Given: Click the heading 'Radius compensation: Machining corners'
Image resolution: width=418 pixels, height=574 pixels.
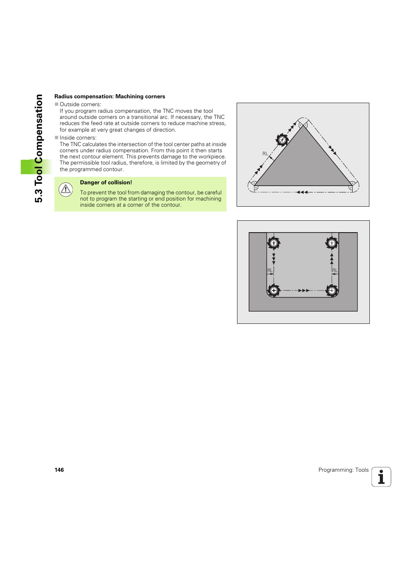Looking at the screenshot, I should coord(110,97).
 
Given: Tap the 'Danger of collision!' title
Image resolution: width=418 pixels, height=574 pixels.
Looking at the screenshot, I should coord(106,183).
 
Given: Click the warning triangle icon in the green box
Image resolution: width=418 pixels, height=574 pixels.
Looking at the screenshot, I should coord(66,189).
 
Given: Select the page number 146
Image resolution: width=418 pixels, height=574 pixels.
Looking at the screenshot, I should coord(59,470).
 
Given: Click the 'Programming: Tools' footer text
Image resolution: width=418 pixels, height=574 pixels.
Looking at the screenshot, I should coord(343,470).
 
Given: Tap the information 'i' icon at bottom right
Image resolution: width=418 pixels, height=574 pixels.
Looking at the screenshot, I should coord(381,477).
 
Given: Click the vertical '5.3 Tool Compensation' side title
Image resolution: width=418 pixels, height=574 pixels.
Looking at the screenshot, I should coord(39,148).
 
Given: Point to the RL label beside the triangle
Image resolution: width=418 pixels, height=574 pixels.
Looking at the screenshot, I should coord(265,154).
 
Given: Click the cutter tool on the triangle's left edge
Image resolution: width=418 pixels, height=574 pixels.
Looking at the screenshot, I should coord(282,140).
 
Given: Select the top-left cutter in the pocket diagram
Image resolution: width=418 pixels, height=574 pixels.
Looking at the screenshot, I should coord(274,243).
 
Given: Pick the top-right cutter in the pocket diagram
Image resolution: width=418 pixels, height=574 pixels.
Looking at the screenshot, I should coord(332,243).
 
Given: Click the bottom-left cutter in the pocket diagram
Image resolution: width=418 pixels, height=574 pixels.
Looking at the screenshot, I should coord(274,291).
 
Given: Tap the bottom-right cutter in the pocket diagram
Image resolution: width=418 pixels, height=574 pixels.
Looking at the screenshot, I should coord(332,291).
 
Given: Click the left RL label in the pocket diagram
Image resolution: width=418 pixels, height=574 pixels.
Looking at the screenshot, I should coord(270,270).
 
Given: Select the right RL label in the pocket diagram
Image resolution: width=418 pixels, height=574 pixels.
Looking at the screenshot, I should coord(335,270).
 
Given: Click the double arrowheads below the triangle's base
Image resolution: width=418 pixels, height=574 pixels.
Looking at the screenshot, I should coord(302,192).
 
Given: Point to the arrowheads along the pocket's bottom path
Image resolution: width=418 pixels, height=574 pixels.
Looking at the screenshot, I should coord(304,291).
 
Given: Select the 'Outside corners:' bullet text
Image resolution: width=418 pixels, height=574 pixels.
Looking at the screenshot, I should coord(80,104).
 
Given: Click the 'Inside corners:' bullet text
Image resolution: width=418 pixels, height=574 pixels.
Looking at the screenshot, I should coord(78,138).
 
